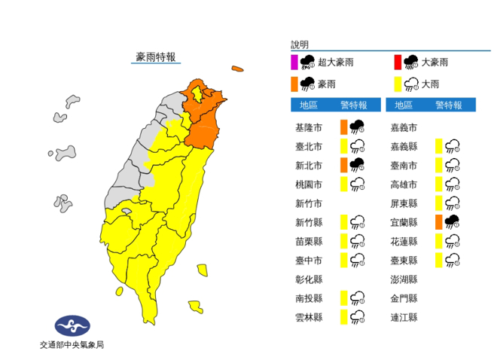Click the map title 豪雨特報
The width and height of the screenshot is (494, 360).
pyautogui.click(x=156, y=56)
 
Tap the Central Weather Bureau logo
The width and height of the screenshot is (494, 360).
pyautogui.click(x=72, y=326)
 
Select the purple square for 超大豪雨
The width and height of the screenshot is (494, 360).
pyautogui.click(x=294, y=62)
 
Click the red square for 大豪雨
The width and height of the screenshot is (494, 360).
pyautogui.click(x=395, y=62)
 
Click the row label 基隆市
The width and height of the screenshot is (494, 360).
pyautogui.click(x=309, y=126)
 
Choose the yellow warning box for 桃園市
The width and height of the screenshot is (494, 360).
pyautogui.click(x=343, y=183)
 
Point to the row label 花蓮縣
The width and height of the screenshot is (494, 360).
pyautogui.click(x=404, y=241)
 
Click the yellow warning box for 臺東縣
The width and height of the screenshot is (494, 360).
pyautogui.click(x=438, y=260)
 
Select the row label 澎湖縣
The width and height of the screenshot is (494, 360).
pyautogui.click(x=404, y=279)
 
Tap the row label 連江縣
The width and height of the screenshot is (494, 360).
pyautogui.click(x=404, y=317)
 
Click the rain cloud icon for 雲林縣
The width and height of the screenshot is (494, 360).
pyautogui.click(x=358, y=317)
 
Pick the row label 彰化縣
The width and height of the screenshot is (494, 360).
pyautogui.click(x=309, y=279)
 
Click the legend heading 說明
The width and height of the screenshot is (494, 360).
pyautogui.click(x=299, y=45)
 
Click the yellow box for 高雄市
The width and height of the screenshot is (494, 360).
pyautogui.click(x=438, y=183)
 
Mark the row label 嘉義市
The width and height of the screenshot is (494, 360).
pyautogui.click(x=404, y=127)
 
